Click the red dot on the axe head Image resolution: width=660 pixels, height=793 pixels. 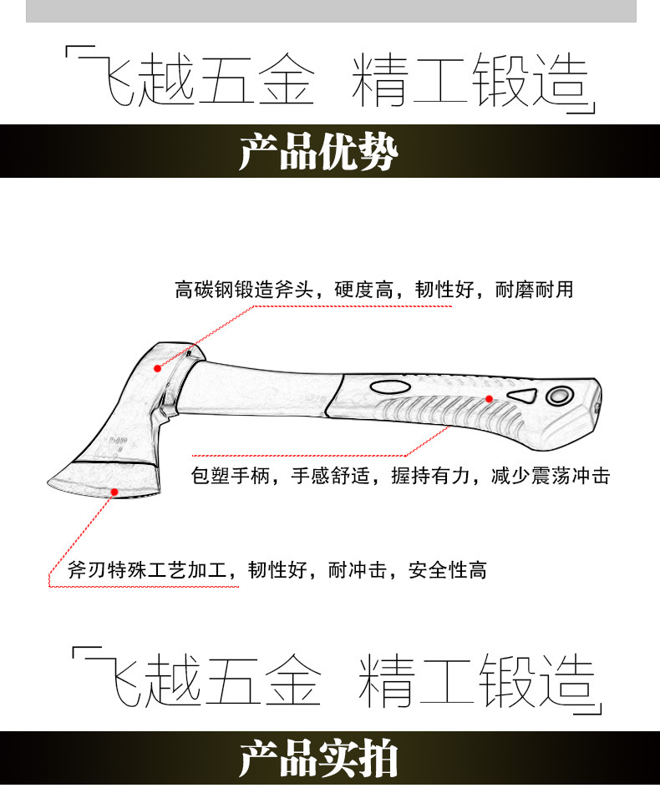156,366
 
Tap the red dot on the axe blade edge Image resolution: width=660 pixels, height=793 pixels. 114,492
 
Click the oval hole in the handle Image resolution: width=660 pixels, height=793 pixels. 388,387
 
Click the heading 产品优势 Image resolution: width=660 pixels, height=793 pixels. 318,152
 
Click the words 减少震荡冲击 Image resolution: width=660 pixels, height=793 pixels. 551,477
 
